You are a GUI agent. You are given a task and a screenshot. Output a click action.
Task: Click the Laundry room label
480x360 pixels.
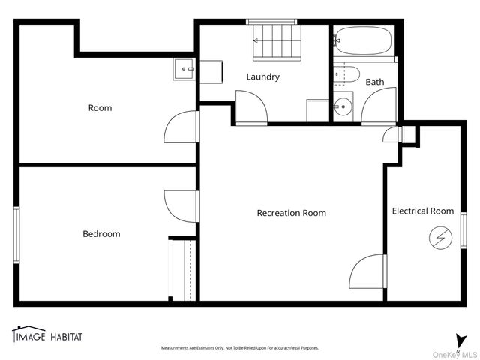coord(263,76)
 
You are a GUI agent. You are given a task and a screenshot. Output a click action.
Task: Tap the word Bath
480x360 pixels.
coord(375,82)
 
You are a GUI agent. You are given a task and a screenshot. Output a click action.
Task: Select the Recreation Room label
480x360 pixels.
coord(291,213)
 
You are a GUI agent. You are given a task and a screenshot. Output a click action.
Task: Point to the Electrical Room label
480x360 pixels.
coord(423,211)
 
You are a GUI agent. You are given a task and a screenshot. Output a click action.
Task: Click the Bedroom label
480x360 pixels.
coord(101,234)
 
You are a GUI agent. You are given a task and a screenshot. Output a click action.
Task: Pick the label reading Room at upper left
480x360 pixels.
coord(100,108)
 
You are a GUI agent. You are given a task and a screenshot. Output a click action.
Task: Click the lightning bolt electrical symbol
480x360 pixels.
coord(438,238)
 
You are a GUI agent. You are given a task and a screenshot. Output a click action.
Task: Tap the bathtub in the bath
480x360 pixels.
coord(363,40)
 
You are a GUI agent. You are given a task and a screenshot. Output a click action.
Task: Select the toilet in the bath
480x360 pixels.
coord(347,74)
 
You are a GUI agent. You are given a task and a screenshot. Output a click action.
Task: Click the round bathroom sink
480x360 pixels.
coord(343,106)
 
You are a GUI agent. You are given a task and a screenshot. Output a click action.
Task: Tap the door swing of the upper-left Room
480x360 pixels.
coord(181,127)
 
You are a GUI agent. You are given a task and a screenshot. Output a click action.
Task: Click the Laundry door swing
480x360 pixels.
coord(251,107)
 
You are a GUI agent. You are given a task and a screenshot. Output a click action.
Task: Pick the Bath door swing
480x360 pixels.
coord(379,106)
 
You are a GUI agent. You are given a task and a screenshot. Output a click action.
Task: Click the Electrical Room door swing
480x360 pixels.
coord(368,271)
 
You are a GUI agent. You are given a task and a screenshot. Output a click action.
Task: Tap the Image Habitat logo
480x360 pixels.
coord(46,334)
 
